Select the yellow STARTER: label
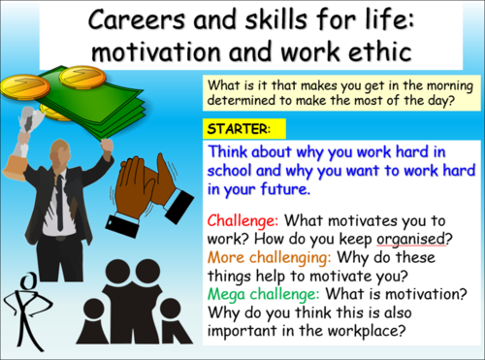coord(236,129)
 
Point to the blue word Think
coord(230,152)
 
